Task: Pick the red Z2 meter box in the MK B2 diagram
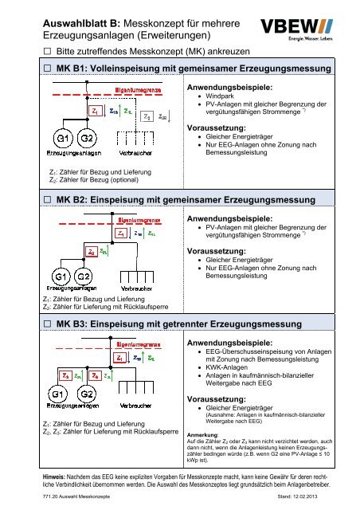pos(71,250)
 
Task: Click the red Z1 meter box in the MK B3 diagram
pos(119,358)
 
